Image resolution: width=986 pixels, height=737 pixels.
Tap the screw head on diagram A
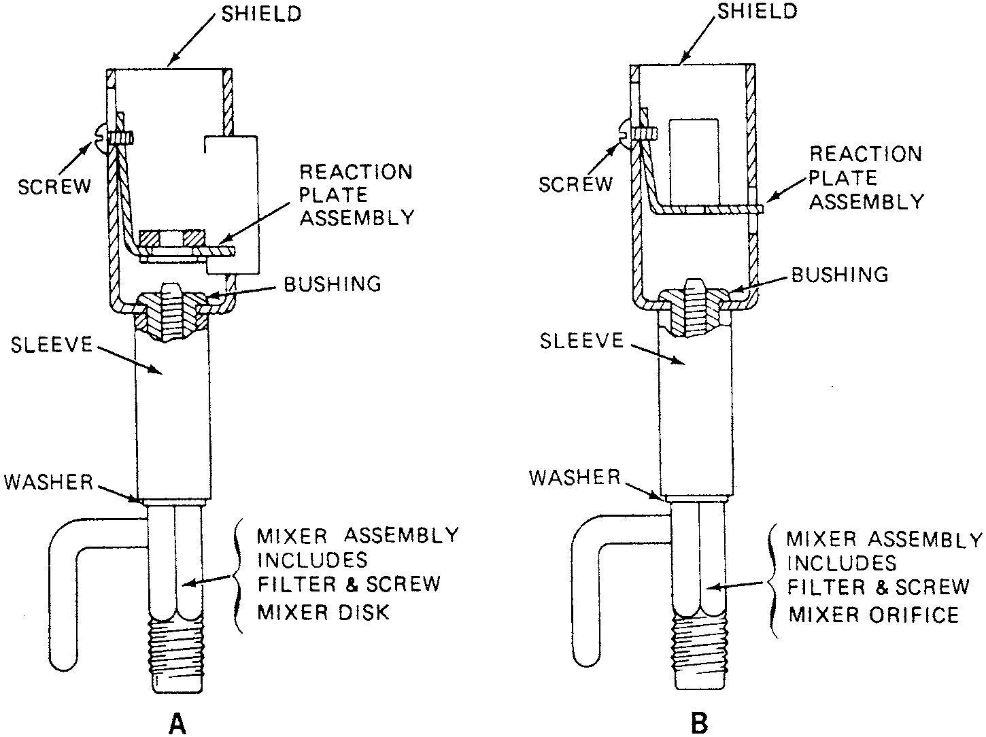tap(102, 137)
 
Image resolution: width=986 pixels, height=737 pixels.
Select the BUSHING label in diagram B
tap(840, 274)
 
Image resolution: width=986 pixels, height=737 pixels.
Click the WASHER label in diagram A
tap(48, 482)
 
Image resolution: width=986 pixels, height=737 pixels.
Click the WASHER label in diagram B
tap(575, 477)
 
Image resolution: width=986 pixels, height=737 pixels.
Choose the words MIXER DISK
tap(323, 612)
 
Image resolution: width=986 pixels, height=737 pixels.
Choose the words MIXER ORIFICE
tap(873, 615)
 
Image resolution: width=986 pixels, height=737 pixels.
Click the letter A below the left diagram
tap(176, 723)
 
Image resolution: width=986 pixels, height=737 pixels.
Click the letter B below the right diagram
tap(699, 722)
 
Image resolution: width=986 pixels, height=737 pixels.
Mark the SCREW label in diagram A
tap(54, 187)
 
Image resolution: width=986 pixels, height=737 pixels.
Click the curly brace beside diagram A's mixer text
tap(237, 577)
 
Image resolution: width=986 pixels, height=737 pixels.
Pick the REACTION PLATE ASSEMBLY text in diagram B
tap(865, 177)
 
